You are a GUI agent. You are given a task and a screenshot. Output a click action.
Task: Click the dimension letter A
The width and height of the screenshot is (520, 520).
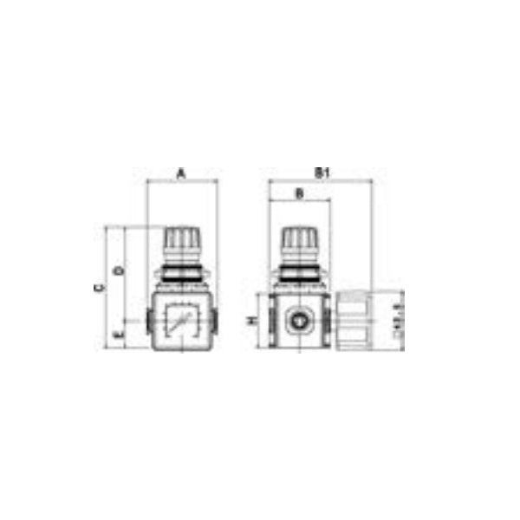[x=182, y=172]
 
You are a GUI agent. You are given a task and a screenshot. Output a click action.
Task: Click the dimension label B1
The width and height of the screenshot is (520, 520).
[x=320, y=172]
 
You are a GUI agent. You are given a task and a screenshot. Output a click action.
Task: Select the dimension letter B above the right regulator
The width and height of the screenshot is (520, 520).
[x=299, y=194]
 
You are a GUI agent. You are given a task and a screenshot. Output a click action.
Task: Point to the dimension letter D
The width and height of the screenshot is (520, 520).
[x=118, y=271]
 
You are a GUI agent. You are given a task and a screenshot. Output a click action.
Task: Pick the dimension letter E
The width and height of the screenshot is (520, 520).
[x=118, y=332]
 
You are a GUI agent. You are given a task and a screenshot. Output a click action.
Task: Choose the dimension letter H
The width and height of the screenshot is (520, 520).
[x=251, y=321]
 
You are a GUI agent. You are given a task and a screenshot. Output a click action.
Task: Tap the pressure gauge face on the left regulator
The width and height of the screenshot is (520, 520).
[x=181, y=321]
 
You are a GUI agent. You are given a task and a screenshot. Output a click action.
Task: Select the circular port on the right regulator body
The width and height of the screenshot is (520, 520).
[x=299, y=322]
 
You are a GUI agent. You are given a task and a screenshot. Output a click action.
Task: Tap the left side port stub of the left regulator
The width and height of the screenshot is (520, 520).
[x=149, y=322]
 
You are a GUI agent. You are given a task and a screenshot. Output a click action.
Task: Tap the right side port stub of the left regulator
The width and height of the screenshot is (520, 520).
[x=214, y=322]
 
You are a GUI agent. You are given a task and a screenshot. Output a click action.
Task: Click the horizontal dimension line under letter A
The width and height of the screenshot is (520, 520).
[x=182, y=181]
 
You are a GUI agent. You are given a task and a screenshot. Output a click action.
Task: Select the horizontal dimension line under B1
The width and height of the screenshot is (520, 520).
[x=320, y=181]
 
